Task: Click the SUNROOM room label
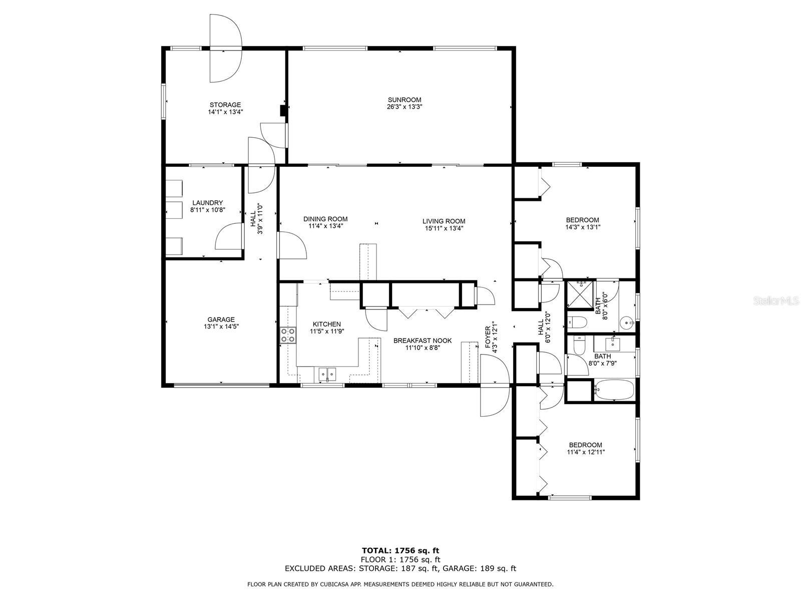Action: tap(404, 100)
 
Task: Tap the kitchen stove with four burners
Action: tap(288, 335)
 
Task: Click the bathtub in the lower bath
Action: tap(614, 390)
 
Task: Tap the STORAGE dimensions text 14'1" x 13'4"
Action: tap(226, 112)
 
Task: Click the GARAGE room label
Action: tap(221, 320)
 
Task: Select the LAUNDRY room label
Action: tap(207, 203)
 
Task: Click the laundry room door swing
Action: tap(229, 237)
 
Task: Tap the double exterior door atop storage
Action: tap(225, 49)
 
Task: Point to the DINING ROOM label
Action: tap(325, 219)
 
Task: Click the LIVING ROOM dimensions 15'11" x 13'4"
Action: tap(444, 228)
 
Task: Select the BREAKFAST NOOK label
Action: tap(422, 341)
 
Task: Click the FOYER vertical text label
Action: tap(488, 337)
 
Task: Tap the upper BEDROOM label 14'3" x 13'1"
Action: tap(582, 220)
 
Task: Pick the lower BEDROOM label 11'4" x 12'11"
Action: tap(585, 445)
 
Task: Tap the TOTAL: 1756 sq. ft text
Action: tap(400, 551)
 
